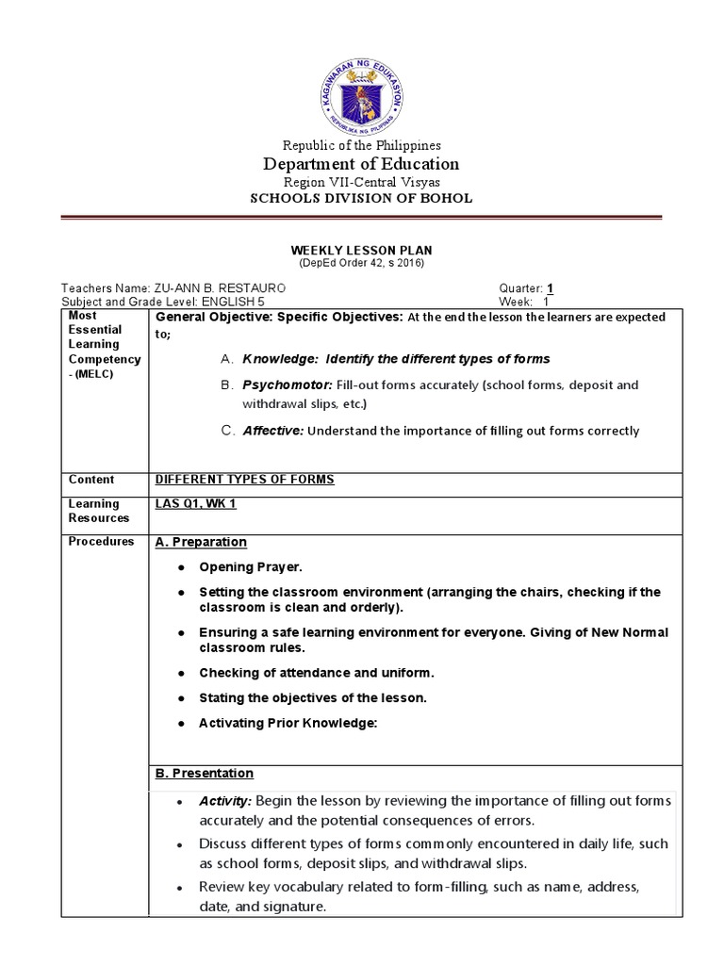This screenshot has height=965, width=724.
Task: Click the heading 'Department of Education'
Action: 361,164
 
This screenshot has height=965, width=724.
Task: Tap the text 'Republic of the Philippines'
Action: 361,145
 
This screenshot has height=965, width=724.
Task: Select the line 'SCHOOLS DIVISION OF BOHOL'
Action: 361,198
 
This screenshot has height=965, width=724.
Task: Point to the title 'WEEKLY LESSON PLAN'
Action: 361,250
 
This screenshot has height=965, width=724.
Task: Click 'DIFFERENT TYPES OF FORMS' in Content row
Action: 244,480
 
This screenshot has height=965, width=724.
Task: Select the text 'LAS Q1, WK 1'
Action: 195,504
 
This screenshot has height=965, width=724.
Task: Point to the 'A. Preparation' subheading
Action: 201,542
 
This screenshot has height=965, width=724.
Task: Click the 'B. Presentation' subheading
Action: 204,773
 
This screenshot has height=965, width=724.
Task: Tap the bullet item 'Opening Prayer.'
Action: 251,567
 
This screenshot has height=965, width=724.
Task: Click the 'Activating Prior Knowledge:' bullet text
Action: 288,723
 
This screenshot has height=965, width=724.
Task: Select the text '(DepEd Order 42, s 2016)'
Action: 361,263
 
